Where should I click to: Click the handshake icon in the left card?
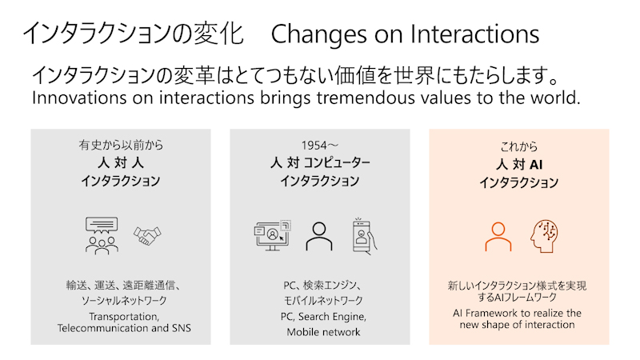pyautogui.click(x=147, y=235)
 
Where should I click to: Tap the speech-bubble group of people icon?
pyautogui.click(x=102, y=235)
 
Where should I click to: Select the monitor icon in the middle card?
pyautogui.click(x=272, y=235)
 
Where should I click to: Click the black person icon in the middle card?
pyautogui.click(x=319, y=235)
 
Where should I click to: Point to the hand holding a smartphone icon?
pyautogui.click(x=364, y=235)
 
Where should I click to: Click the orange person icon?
pyautogui.click(x=498, y=235)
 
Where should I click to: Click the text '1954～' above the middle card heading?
pyautogui.click(x=319, y=146)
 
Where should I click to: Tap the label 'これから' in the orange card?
pyautogui.click(x=518, y=147)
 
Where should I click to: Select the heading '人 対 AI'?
pyautogui.click(x=518, y=164)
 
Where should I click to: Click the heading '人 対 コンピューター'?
pyautogui.click(x=319, y=163)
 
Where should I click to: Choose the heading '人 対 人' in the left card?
pyautogui.click(x=120, y=163)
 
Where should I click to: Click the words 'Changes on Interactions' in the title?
pyautogui.click(x=405, y=34)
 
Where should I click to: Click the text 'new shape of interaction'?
pyautogui.click(x=518, y=324)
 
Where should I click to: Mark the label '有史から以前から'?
pyautogui.click(x=120, y=146)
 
